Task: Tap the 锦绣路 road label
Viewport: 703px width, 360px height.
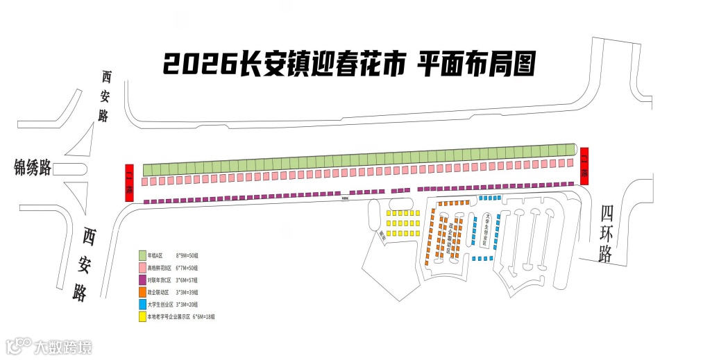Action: click(x=33, y=167)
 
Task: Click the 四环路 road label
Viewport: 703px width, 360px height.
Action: click(x=607, y=233)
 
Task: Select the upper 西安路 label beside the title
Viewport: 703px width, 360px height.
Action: click(x=105, y=96)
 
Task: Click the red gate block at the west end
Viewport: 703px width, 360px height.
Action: click(x=128, y=182)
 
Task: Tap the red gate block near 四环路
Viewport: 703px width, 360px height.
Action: click(x=584, y=166)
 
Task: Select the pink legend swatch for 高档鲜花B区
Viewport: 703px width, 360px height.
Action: click(x=142, y=268)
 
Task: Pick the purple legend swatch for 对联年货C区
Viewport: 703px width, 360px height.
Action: click(x=142, y=280)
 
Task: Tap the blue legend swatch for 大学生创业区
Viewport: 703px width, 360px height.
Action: click(x=142, y=305)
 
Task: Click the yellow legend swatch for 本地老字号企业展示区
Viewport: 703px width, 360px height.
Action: click(x=142, y=317)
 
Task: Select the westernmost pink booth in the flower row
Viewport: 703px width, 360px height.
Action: click(x=145, y=182)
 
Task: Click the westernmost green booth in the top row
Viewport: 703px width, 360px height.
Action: click(x=148, y=169)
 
